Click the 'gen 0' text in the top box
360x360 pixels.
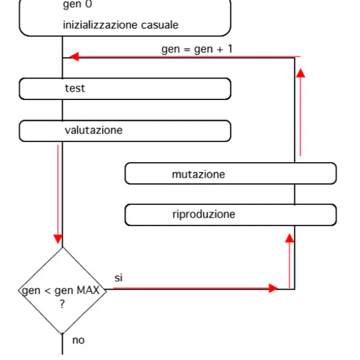[x=77, y=5]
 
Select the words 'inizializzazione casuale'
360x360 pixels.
[x=120, y=25]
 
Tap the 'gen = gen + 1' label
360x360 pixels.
[x=197, y=49]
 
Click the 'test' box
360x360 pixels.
[x=125, y=88]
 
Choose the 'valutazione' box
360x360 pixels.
[x=125, y=131]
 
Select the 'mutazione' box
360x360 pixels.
[x=230, y=174]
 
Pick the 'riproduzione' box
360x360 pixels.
[x=230, y=215]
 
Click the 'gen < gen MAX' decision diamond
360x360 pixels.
[x=62, y=290]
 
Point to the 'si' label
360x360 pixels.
[x=119, y=278]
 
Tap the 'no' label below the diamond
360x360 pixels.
[x=79, y=340]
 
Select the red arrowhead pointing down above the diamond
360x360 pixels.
[x=58, y=239]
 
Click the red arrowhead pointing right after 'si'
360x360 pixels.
[x=273, y=288]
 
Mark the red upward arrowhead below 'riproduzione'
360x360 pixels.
[x=290, y=237]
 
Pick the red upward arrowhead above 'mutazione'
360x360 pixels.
[x=300, y=73]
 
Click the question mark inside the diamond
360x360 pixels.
[x=62, y=304]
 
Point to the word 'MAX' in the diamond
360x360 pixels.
[x=88, y=290]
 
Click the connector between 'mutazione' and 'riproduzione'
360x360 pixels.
[x=295, y=194]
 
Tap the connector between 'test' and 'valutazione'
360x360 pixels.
[x=62, y=110]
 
